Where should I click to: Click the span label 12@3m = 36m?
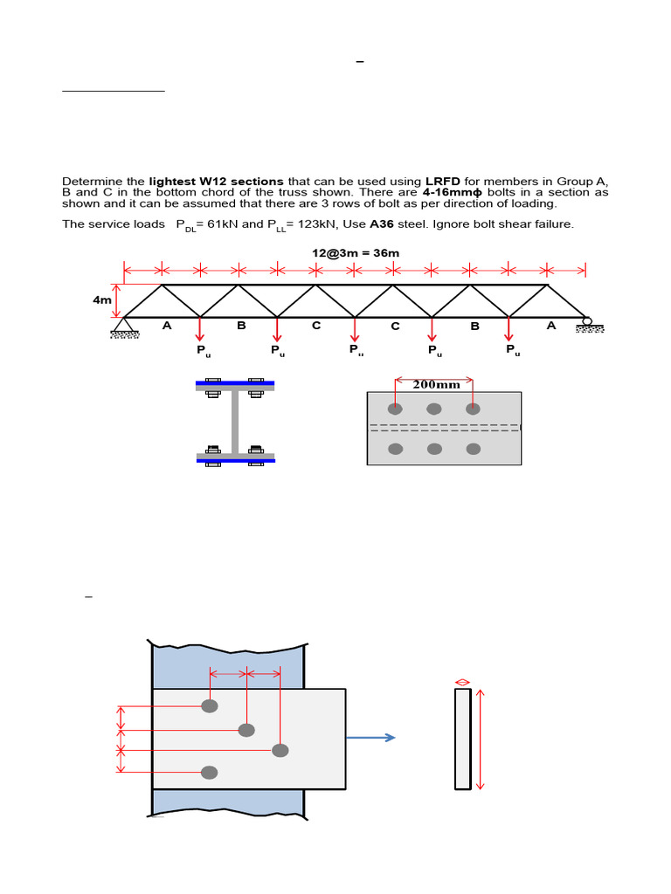pyautogui.click(x=356, y=253)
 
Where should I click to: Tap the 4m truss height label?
pyautogui.click(x=102, y=300)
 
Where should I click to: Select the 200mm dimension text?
pyautogui.click(x=435, y=385)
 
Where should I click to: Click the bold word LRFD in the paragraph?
pyautogui.click(x=442, y=181)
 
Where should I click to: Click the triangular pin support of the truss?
pyautogui.click(x=124, y=325)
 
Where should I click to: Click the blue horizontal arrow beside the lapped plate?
pyautogui.click(x=370, y=738)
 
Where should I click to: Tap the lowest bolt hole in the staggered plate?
pyautogui.click(x=210, y=772)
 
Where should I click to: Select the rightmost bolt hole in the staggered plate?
pyautogui.click(x=280, y=750)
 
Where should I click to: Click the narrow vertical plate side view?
pyautogui.click(x=463, y=739)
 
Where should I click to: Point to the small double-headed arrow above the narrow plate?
pyautogui.click(x=463, y=682)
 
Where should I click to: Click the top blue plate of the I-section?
pyautogui.click(x=235, y=383)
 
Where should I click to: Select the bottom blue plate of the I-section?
pyautogui.click(x=235, y=460)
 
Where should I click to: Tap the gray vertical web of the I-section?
pyautogui.click(x=235, y=422)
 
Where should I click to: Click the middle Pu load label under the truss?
pyautogui.click(x=356, y=350)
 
